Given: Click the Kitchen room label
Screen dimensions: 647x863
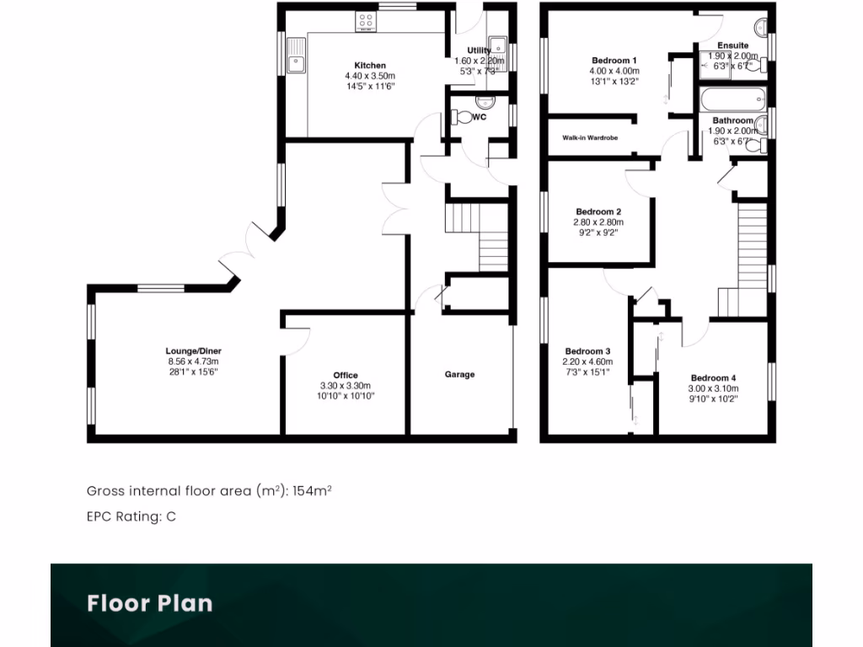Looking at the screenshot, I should (370, 66).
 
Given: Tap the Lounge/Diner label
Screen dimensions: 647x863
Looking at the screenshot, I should (193, 351).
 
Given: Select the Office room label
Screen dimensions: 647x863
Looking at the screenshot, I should (346, 375).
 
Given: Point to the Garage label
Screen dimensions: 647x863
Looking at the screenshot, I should (460, 374).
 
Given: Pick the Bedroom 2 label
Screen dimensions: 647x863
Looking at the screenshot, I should (598, 211).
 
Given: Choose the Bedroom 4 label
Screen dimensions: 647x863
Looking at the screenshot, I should (713, 377).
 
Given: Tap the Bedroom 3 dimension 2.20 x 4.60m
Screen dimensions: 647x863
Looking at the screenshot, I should (587, 361).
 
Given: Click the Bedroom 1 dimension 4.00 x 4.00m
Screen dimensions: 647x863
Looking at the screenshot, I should (614, 71).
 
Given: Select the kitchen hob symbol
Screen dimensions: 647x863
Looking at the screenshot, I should (367, 21).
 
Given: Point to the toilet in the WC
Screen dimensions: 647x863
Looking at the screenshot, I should (464, 117).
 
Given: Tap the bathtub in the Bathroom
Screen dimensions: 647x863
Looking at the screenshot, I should (732, 99).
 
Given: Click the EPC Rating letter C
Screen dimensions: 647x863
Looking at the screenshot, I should (171, 516).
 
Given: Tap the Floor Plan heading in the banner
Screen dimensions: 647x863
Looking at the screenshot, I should (150, 603).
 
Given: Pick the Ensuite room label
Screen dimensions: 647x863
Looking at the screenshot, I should (732, 45).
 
